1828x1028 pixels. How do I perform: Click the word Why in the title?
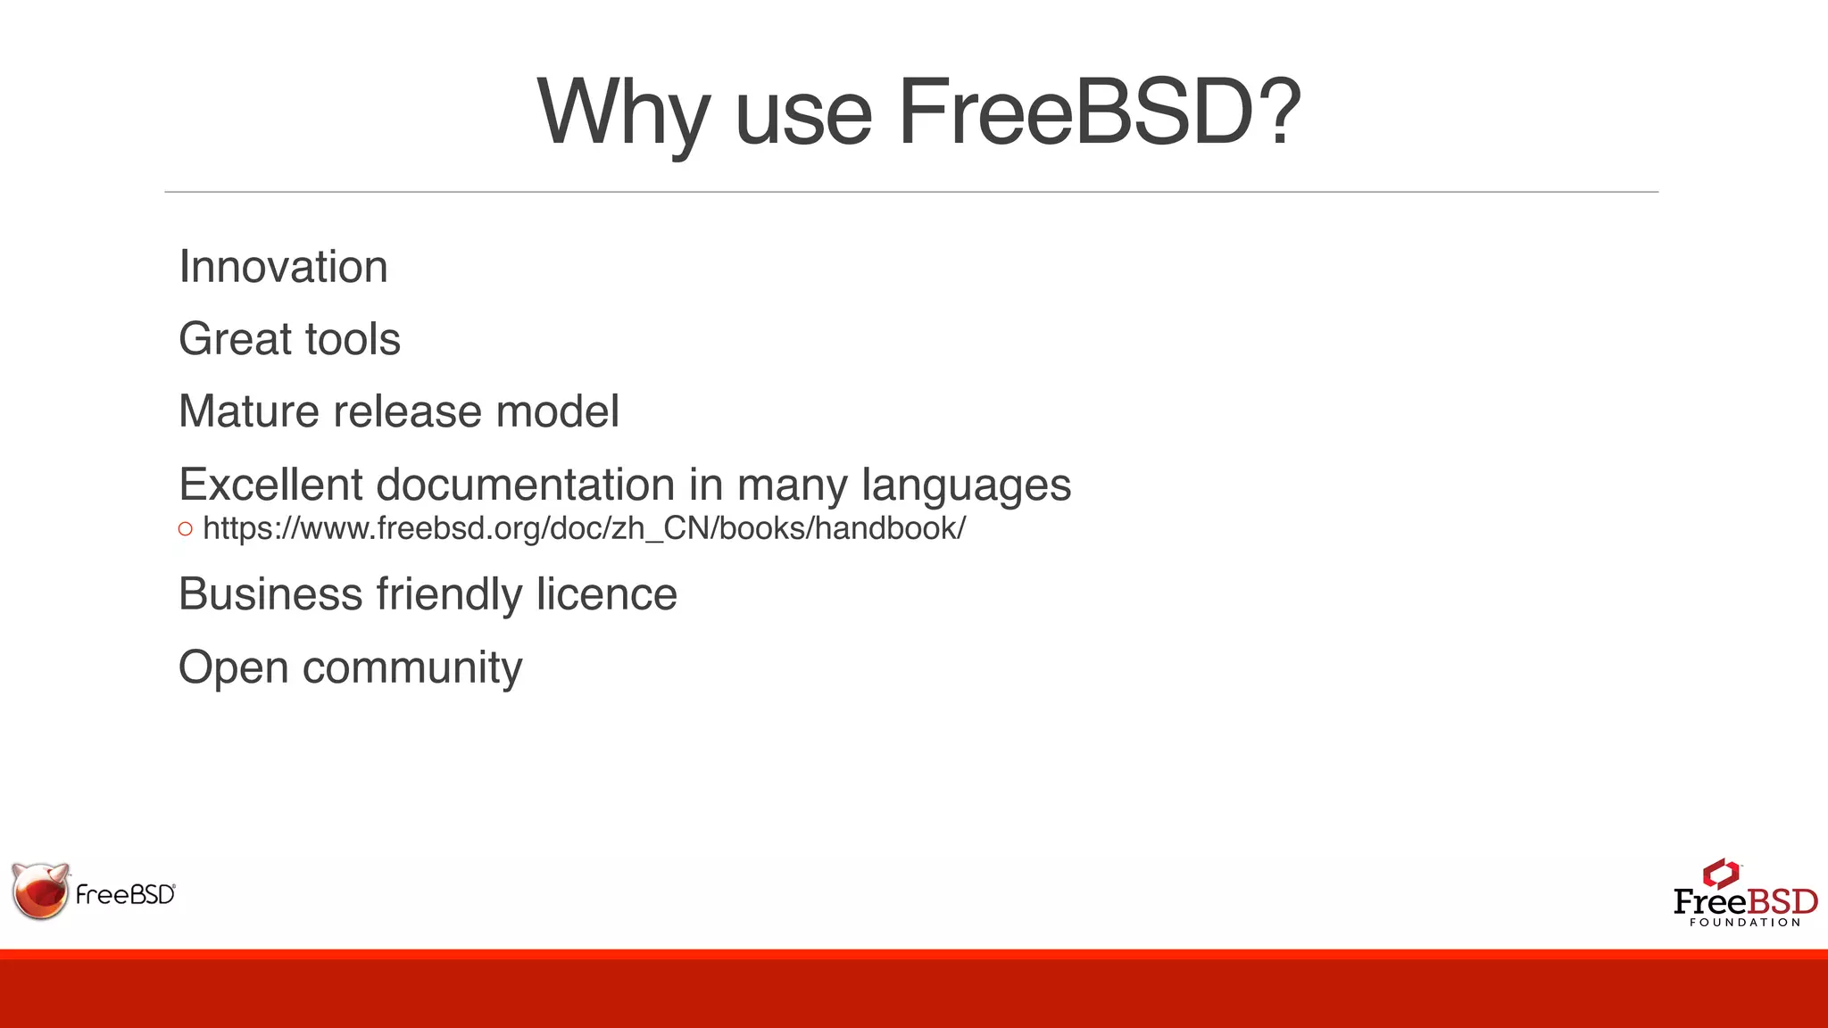tap(622, 113)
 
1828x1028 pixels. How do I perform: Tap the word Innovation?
tap(283, 267)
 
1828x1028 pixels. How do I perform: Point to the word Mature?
tap(249, 411)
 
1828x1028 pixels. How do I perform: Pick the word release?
tap(407, 411)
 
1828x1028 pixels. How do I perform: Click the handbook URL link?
tap(584, 528)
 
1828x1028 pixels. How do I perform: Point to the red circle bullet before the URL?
tap(185, 529)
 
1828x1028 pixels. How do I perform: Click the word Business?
tap(270, 594)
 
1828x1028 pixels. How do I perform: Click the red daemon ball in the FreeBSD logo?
tap(39, 892)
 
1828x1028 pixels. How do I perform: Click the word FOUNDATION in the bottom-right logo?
tap(1745, 923)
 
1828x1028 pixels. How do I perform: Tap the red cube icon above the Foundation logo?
tap(1721, 874)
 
